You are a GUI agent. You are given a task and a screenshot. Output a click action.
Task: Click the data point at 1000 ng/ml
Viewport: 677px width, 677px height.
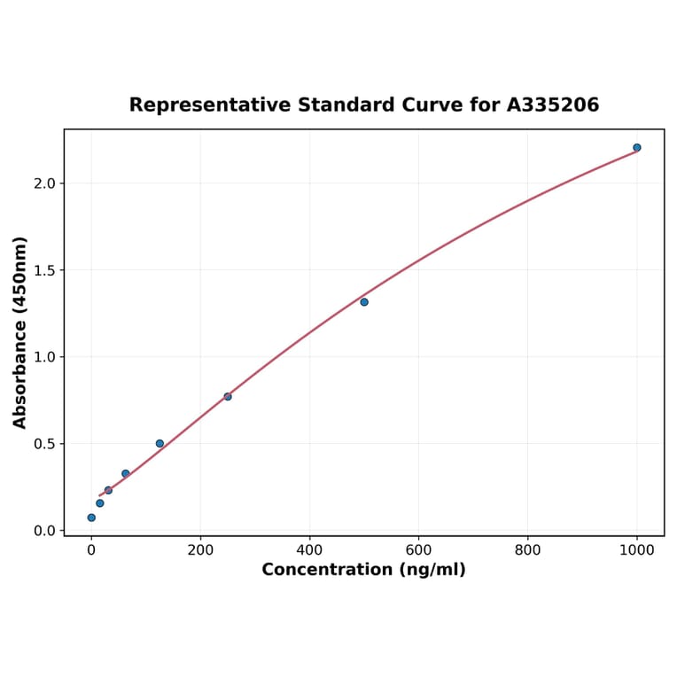(x=637, y=148)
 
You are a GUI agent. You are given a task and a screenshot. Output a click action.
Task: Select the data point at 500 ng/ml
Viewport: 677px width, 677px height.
(x=364, y=302)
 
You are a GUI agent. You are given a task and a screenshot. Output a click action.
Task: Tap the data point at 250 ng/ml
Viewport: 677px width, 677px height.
(x=228, y=396)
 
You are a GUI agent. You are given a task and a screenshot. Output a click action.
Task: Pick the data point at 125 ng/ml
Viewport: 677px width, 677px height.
(x=160, y=443)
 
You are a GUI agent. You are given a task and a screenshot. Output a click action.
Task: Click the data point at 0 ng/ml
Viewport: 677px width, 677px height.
(x=91, y=517)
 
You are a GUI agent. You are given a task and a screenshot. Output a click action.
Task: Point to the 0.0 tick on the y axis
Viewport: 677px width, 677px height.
(x=44, y=531)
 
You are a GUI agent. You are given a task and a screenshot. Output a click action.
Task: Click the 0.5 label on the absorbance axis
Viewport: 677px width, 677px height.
(x=44, y=444)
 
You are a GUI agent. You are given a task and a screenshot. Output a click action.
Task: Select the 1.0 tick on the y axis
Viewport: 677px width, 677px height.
(x=44, y=357)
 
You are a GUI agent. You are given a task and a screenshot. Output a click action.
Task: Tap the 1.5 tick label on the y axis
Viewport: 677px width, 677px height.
(x=44, y=270)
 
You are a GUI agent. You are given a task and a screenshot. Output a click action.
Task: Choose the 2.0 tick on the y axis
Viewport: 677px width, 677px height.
(x=44, y=183)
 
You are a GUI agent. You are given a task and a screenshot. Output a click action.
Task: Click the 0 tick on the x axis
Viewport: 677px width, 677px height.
(x=91, y=549)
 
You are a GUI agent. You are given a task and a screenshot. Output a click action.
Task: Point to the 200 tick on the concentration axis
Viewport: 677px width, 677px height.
(x=200, y=549)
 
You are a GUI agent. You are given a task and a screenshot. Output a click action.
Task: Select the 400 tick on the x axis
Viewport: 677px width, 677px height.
(x=309, y=549)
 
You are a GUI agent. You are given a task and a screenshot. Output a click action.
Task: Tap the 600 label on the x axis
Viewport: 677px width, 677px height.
(x=418, y=549)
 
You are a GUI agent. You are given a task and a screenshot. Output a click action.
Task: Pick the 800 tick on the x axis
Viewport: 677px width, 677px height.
(x=528, y=549)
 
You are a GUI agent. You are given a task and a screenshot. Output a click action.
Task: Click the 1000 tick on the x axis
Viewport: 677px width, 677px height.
(x=637, y=549)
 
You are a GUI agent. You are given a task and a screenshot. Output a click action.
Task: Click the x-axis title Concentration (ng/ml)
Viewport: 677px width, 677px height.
(x=363, y=570)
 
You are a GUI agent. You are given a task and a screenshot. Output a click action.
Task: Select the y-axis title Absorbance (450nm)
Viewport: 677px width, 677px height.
(x=20, y=332)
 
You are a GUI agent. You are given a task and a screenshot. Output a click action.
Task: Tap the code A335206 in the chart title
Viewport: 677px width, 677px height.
(x=553, y=105)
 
